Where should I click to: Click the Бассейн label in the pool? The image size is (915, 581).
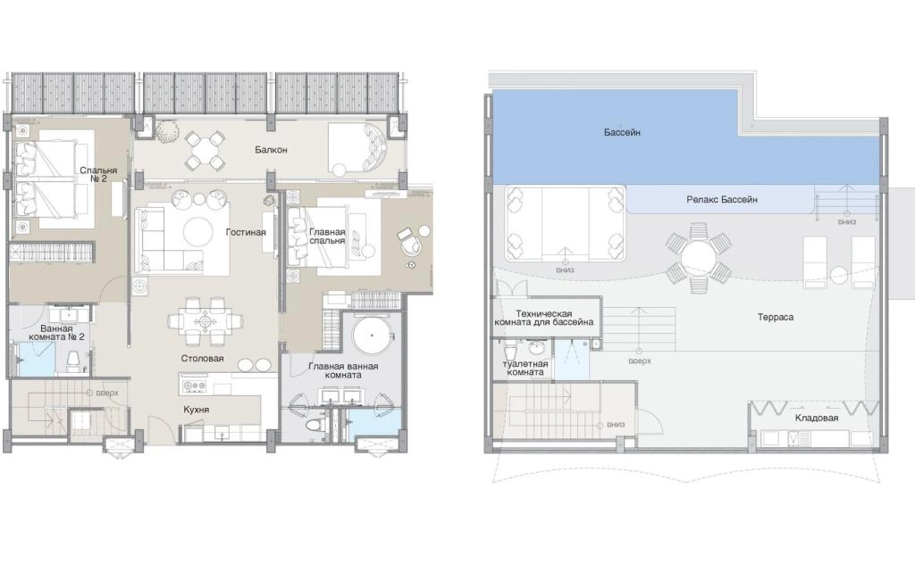coord(622,132)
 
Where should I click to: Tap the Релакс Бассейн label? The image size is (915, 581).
coord(722,199)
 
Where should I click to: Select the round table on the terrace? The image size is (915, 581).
coord(698,258)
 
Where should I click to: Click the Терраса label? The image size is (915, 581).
coord(775,317)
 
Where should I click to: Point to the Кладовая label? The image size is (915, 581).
coord(817,418)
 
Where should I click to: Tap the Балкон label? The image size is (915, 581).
coord(271,150)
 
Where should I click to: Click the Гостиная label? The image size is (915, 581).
coord(246,232)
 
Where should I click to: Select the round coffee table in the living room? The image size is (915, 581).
coord(198,232)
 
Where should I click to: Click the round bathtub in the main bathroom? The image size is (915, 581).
coord(371,336)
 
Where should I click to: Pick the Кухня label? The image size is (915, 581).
coord(196,410)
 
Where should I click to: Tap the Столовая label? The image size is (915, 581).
coord(202,359)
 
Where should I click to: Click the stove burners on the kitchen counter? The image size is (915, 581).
coord(195,386)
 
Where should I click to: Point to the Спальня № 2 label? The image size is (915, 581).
coord(98,174)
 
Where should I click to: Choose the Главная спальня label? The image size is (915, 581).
coord(327,236)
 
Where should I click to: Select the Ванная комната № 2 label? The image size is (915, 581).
coord(56,333)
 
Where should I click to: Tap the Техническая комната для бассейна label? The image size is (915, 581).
coord(544,318)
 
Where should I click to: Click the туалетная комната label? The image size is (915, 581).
coord(525,368)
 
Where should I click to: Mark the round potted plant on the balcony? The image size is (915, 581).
coord(167,131)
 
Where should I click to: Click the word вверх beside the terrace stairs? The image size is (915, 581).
coord(640,361)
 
